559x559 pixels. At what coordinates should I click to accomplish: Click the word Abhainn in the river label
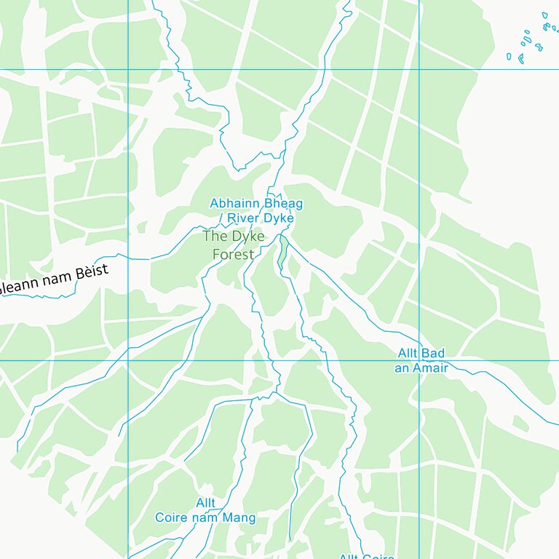[x=235, y=204]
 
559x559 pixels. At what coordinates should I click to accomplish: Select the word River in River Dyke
[x=244, y=218]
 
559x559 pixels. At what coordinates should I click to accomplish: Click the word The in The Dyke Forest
[x=215, y=237]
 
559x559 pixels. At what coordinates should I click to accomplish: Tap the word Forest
[x=233, y=254]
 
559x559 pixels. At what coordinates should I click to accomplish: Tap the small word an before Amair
[x=402, y=368]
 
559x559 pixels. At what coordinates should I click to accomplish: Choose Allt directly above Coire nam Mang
[x=205, y=503]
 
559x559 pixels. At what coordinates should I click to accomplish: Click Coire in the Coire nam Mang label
[x=172, y=518]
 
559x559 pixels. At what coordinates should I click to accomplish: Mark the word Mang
[x=240, y=518]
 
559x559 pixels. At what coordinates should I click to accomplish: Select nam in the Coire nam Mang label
[x=207, y=518]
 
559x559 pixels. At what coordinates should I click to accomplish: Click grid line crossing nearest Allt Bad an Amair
[x=419, y=360]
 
